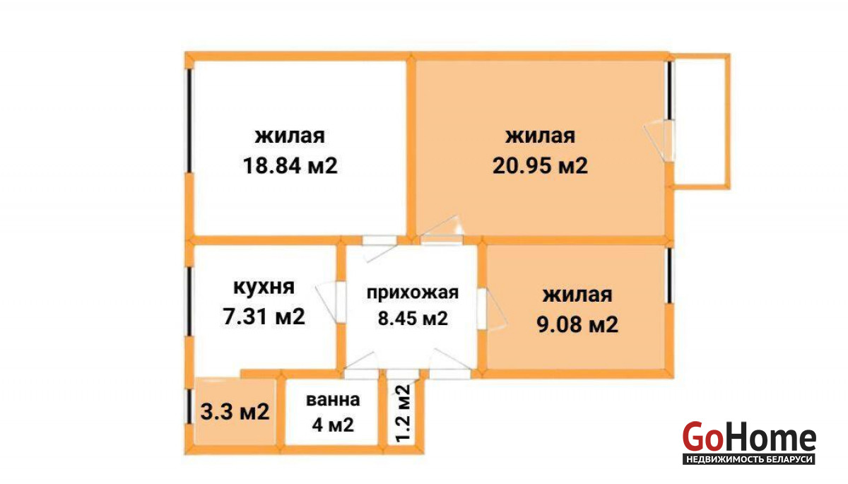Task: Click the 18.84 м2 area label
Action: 290,166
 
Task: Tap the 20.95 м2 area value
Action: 540,166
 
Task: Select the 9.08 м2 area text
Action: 577,324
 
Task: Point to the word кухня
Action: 264,288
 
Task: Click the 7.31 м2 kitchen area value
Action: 264,317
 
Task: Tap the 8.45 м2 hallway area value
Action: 413,318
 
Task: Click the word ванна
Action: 333,400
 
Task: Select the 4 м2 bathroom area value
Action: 333,425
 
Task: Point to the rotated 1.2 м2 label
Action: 404,413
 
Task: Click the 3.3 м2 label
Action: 235,411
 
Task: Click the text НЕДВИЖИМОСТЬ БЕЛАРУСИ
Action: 749,459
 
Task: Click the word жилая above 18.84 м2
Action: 290,136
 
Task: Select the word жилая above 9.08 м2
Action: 577,295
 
